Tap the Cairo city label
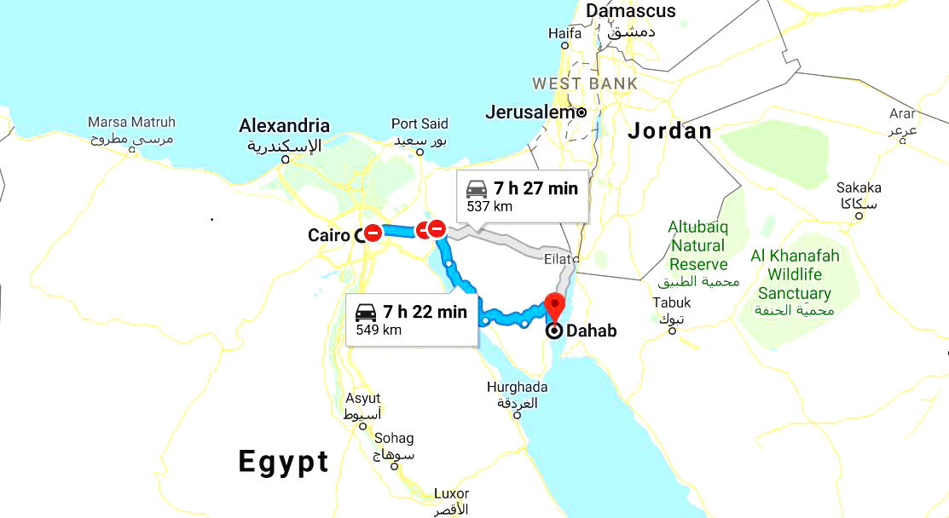329,235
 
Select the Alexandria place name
284,126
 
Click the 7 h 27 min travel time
535,188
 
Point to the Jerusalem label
529,112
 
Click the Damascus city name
631,11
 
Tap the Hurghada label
517,388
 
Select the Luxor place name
451,494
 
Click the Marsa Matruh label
131,122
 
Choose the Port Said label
420,124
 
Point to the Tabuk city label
672,302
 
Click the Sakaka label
859,187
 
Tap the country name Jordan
669,130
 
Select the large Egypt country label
283,462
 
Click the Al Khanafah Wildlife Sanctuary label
794,273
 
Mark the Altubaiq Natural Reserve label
697,245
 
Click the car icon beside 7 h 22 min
366,311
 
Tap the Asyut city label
363,399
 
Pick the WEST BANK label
585,83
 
